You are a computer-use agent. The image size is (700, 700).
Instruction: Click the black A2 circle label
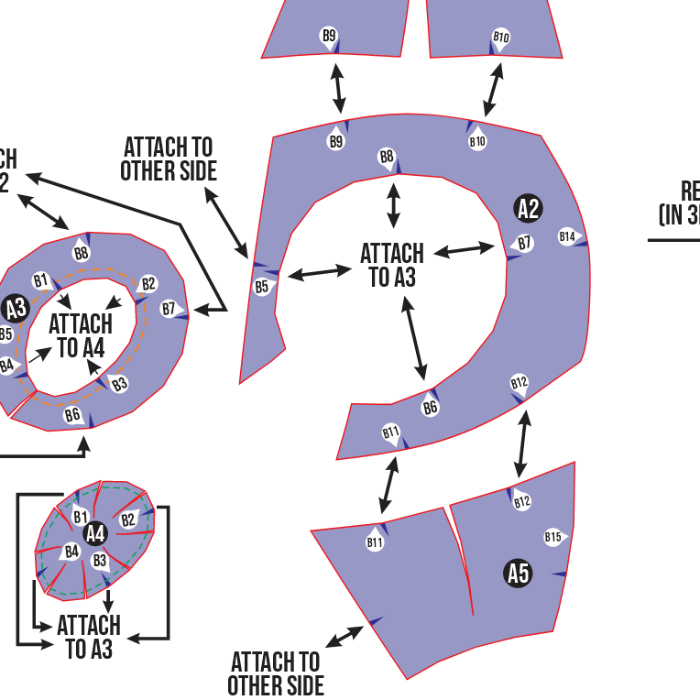coord(528,209)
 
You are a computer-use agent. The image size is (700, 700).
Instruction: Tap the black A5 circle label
coord(519,574)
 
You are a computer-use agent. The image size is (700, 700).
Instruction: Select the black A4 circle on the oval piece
coord(95,533)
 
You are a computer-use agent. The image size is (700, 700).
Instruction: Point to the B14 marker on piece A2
coord(568,237)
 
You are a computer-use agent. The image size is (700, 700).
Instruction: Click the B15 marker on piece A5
coord(553,537)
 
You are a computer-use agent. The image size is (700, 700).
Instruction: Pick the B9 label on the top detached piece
coord(329,36)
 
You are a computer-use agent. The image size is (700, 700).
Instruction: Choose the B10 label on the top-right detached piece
coord(500,38)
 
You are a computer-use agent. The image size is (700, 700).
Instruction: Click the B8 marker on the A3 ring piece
coord(82,253)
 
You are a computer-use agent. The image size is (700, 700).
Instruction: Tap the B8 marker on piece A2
coord(388,157)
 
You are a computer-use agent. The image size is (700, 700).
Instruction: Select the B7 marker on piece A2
coord(523,244)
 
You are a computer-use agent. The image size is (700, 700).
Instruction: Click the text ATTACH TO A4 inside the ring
coord(81,336)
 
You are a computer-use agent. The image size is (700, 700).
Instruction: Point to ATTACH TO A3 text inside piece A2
coord(392,265)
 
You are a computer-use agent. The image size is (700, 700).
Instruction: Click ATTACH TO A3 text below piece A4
coord(89,638)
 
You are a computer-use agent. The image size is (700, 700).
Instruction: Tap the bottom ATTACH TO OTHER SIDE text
coord(276,673)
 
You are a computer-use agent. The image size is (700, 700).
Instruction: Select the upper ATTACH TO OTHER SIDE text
coord(169,159)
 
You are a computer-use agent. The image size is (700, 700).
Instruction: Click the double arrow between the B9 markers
coord(338,90)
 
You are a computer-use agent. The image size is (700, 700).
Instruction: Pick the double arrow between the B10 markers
coord(493,90)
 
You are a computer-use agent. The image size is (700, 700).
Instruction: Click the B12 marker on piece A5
coord(522,501)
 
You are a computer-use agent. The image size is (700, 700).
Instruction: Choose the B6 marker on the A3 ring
coord(73,415)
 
